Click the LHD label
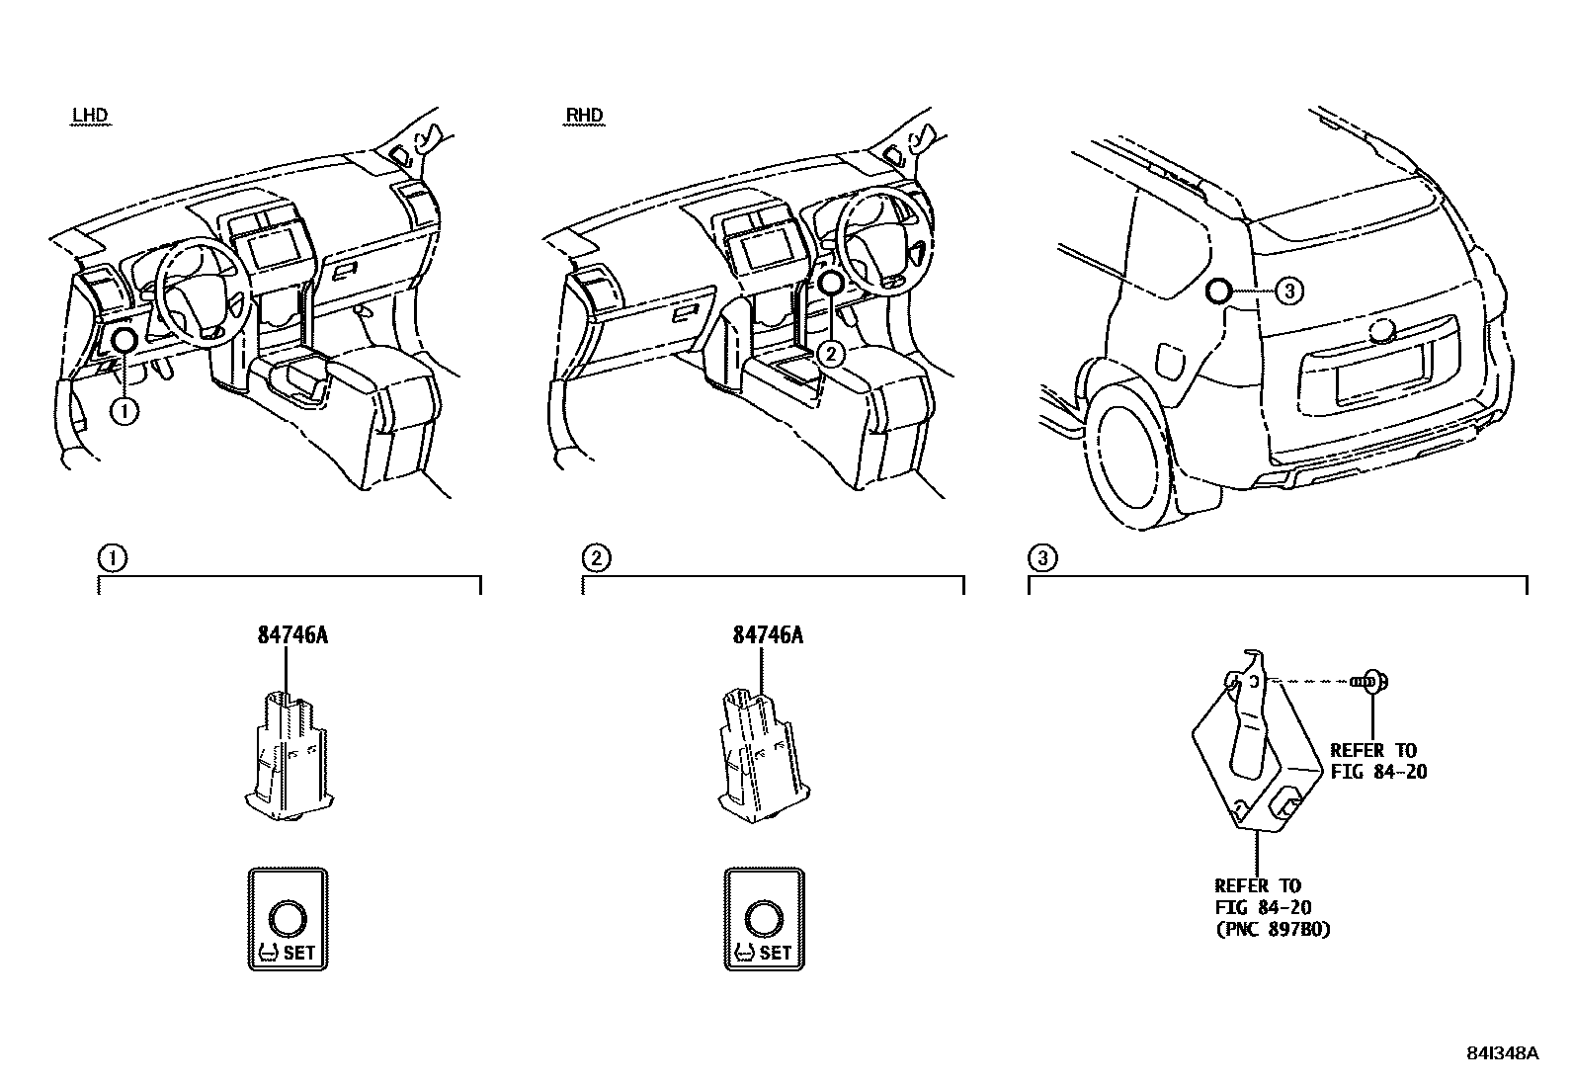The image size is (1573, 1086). [x=89, y=116]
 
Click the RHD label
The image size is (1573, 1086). [x=583, y=116]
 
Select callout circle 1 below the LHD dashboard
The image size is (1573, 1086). [x=124, y=410]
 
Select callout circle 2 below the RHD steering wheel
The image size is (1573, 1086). [x=832, y=353]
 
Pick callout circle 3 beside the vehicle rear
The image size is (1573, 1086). [x=1288, y=291]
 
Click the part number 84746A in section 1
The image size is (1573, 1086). [x=292, y=635]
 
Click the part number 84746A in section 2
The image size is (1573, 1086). [x=768, y=635]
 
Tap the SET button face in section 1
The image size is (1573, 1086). [x=287, y=920]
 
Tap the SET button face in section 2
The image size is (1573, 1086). [x=764, y=920]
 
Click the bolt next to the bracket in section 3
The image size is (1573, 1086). [x=1371, y=680]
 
